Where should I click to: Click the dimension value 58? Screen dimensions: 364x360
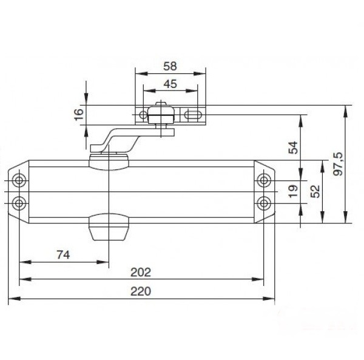170,66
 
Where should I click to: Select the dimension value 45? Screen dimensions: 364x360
170,84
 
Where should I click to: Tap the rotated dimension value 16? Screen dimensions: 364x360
79,114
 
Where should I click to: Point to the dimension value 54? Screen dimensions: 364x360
293,148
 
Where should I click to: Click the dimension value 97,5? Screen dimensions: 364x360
338,164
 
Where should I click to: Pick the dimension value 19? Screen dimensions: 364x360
294,191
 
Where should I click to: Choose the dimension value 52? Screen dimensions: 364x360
315,191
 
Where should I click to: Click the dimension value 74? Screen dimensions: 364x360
63,255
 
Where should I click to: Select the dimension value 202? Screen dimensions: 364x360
141,272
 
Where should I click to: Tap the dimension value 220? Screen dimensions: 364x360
141,291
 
